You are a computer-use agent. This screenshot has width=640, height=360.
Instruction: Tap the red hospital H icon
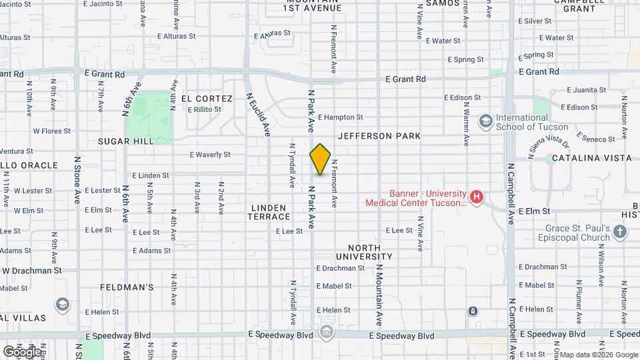(476, 197)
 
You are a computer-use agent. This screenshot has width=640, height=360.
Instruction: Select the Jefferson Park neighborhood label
(379, 136)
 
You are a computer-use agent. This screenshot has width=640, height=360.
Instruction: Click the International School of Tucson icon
(485, 121)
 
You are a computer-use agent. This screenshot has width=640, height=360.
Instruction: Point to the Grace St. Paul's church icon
(621, 232)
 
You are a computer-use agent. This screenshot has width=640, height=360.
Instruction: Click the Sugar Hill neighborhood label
(125, 141)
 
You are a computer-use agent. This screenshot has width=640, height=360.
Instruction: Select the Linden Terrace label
(270, 212)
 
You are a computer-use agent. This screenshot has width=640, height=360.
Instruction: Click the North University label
(364, 251)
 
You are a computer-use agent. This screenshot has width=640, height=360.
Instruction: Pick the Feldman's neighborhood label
(127, 287)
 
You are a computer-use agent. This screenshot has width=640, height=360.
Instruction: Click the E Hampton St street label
(340, 117)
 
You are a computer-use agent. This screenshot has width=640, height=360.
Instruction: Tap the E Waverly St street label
(211, 155)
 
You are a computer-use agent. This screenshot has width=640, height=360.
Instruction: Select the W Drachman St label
(31, 271)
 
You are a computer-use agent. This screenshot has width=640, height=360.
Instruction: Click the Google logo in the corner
(21, 351)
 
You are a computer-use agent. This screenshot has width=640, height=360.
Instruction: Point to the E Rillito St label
(204, 110)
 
